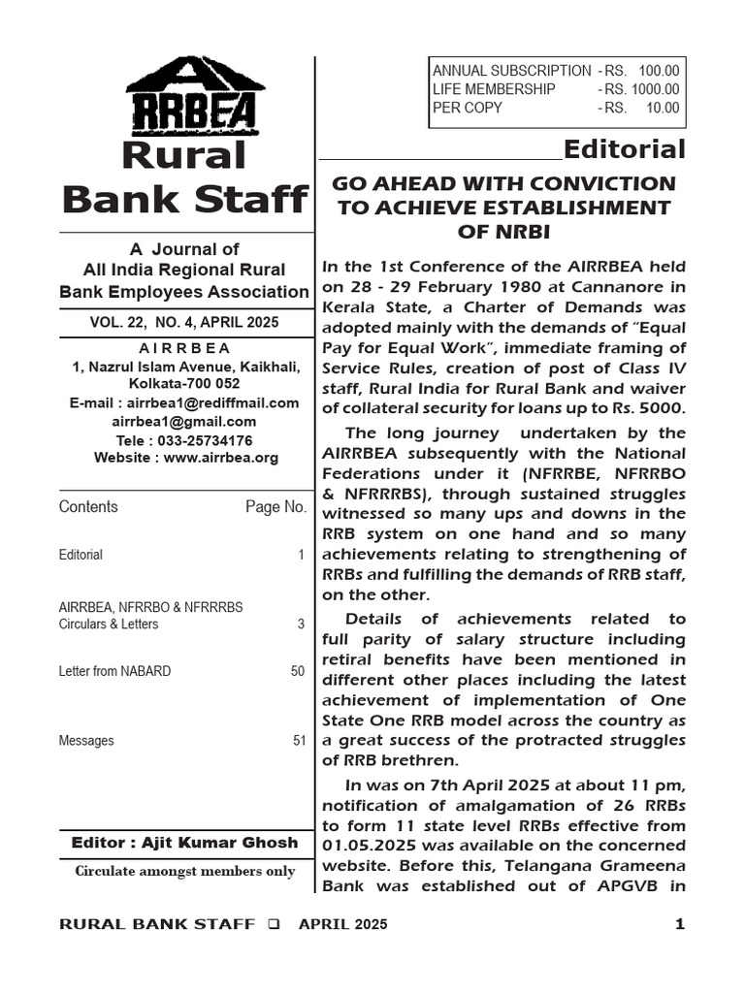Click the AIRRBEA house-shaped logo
pos(191,97)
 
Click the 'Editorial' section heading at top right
pos(624,149)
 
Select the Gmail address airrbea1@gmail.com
pos(184,422)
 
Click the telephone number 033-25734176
pos(205,439)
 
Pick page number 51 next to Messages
pos(299,741)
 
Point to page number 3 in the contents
pos(301,625)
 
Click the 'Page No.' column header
pos(275,507)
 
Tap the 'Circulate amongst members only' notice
pos(185,871)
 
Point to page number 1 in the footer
pos(679,924)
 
